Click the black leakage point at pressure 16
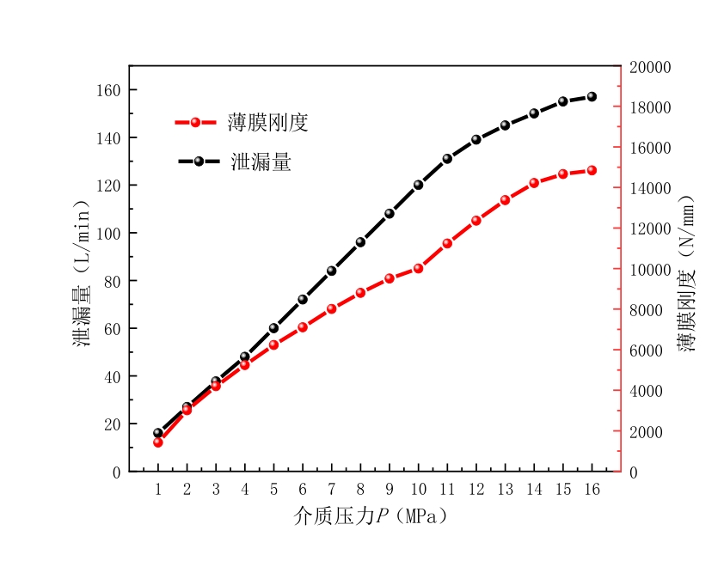pyautogui.click(x=592, y=96)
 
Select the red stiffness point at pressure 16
pyautogui.click(x=592, y=170)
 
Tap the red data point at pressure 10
pyautogui.click(x=418, y=268)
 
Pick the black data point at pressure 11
pyautogui.click(x=447, y=158)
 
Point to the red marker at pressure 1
pyautogui.click(x=158, y=442)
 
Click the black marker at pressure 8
pyautogui.click(x=360, y=242)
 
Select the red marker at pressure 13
pyautogui.click(x=505, y=200)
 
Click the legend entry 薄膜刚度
pyautogui.click(x=267, y=123)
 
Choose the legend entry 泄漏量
pyautogui.click(x=261, y=162)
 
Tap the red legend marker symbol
pyautogui.click(x=196, y=123)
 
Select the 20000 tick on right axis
pyautogui.click(x=652, y=67)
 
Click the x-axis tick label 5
pyautogui.click(x=273, y=490)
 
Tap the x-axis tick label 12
pyautogui.click(x=476, y=490)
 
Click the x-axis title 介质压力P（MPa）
pyautogui.click(x=370, y=516)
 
